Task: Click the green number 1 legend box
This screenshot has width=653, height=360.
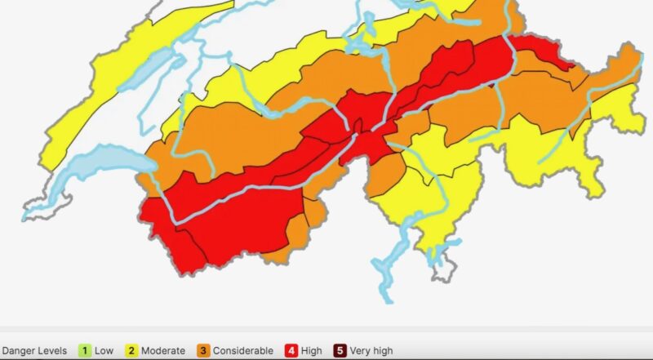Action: point(83,351)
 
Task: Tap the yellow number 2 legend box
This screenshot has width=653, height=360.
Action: point(131,351)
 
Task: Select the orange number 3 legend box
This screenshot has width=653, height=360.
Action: point(203,351)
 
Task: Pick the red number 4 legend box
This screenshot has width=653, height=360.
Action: point(291,351)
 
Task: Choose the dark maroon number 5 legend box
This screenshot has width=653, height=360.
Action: point(340,351)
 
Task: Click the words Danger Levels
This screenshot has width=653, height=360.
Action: point(34,351)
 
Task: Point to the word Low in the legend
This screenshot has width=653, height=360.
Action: point(104,351)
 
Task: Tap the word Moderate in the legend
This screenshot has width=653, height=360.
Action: point(162,351)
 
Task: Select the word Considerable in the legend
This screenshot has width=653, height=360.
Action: point(243,351)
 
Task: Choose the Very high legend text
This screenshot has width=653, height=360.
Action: point(371,351)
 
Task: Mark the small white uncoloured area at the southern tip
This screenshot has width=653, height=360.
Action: point(443,265)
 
